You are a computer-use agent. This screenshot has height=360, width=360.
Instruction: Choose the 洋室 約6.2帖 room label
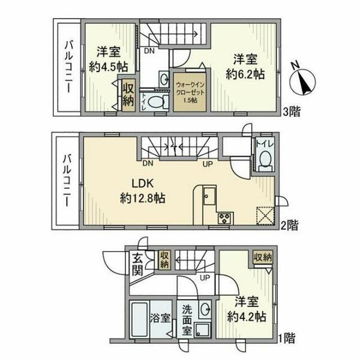tap(246, 67)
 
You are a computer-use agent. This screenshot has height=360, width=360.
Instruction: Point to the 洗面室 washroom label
tap(187, 319)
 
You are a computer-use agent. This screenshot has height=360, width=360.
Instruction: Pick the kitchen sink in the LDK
tap(209, 196)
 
